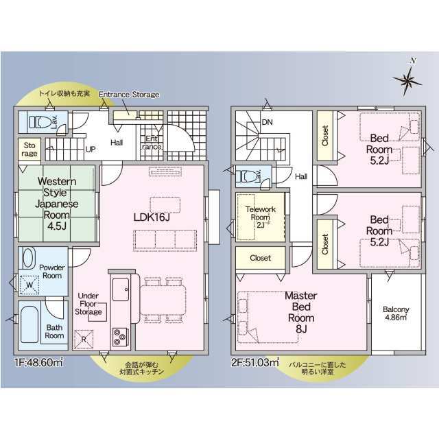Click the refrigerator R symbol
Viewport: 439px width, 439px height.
tap(84, 338)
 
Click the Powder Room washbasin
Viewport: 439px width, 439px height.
tap(28, 257)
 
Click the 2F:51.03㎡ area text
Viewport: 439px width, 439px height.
tap(254, 361)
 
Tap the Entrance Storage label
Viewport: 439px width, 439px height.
tap(129, 95)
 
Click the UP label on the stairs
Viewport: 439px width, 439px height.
tap(90, 148)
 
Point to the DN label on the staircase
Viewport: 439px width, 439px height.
tap(267, 123)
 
